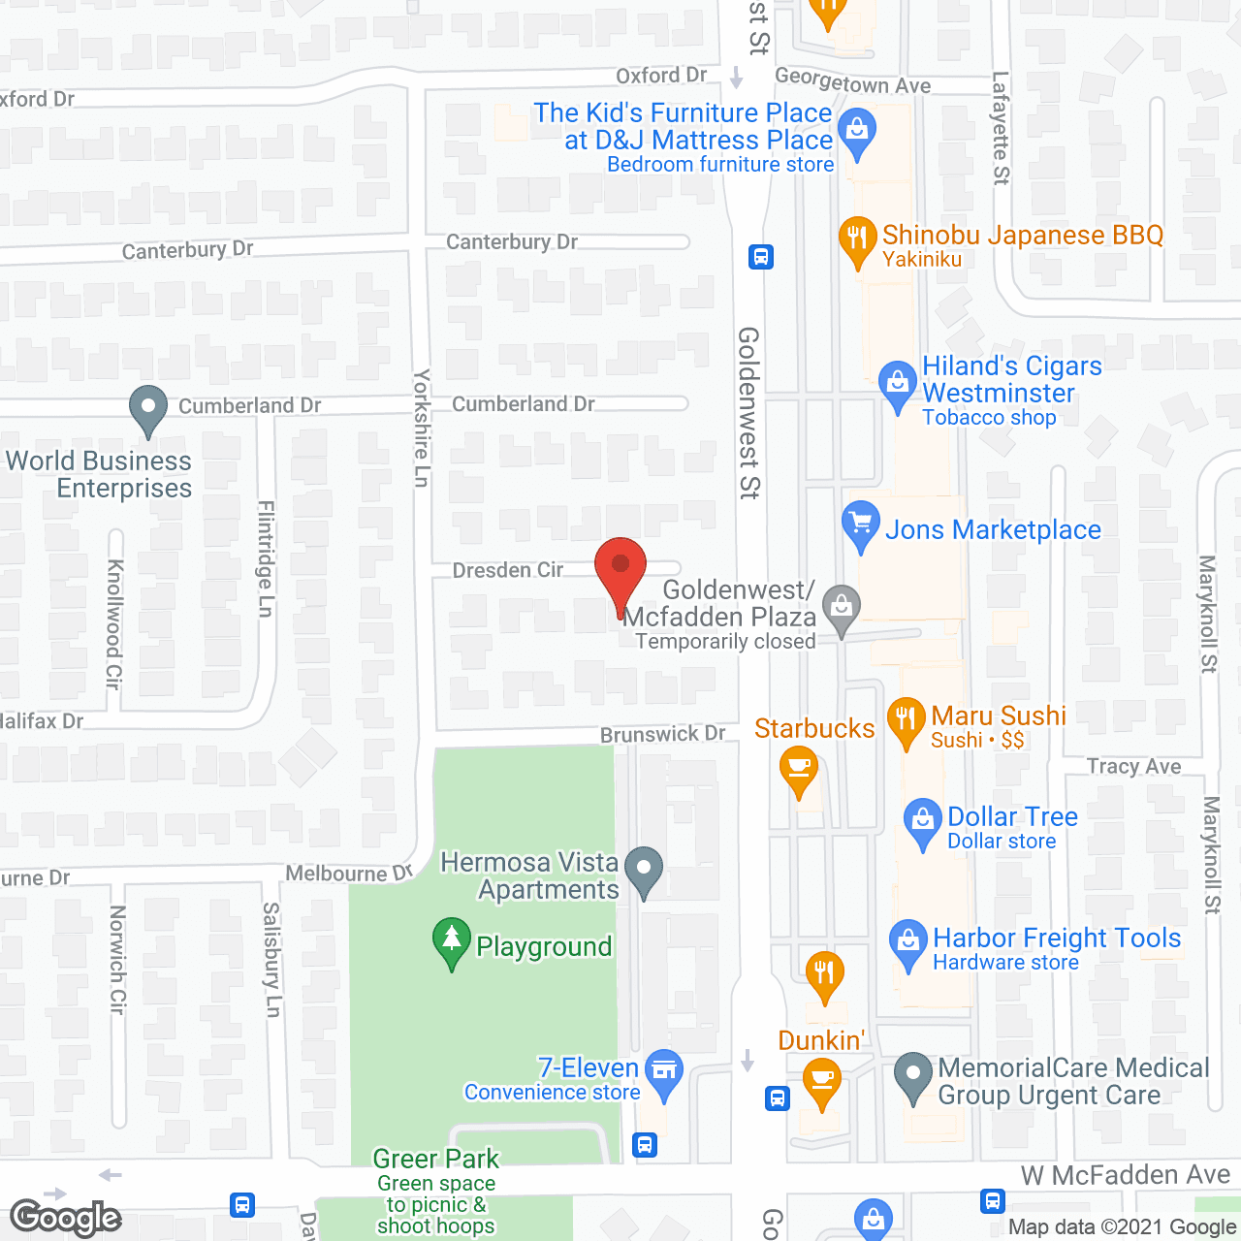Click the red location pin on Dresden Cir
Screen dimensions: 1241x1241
(620, 566)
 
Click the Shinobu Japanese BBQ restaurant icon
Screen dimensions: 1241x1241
(857, 238)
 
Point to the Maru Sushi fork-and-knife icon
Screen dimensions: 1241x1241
(907, 719)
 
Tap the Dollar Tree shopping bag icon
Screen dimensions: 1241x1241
(922, 820)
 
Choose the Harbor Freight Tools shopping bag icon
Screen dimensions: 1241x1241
(908, 941)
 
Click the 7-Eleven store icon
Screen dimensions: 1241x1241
(664, 1071)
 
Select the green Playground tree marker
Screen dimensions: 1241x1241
(451, 939)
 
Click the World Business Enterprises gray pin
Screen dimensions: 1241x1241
(147, 408)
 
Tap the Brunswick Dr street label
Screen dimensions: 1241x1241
(662, 735)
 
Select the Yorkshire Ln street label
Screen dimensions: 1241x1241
(422, 428)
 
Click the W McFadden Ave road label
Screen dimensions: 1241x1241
(1125, 1175)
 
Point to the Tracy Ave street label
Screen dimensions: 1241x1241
(1133, 767)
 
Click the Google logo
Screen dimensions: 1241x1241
(66, 1218)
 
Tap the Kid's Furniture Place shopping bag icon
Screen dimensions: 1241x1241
(856, 133)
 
